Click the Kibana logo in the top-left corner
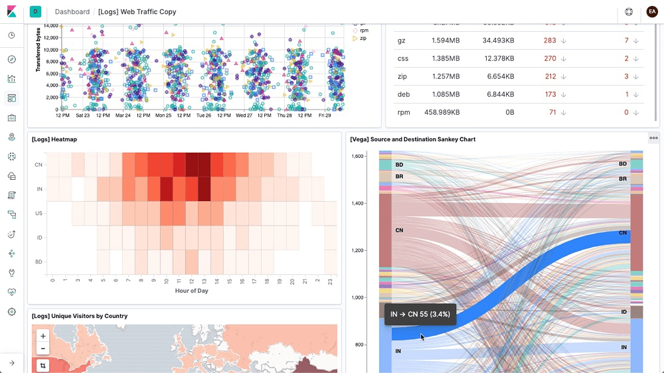click(11, 11)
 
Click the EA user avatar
click(651, 12)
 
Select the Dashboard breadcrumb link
click(72, 12)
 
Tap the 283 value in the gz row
click(549, 40)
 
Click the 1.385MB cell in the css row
click(446, 58)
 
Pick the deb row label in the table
click(403, 94)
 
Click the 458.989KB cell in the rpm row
click(442, 112)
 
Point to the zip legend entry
click(363, 38)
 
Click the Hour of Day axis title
click(191, 291)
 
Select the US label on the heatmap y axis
click(39, 213)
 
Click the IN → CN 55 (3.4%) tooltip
click(420, 314)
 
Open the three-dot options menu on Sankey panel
click(653, 138)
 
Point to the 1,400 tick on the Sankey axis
click(358, 203)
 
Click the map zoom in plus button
click(42, 336)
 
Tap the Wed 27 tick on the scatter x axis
click(244, 115)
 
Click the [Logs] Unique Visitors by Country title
click(79, 316)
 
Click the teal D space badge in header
click(35, 11)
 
